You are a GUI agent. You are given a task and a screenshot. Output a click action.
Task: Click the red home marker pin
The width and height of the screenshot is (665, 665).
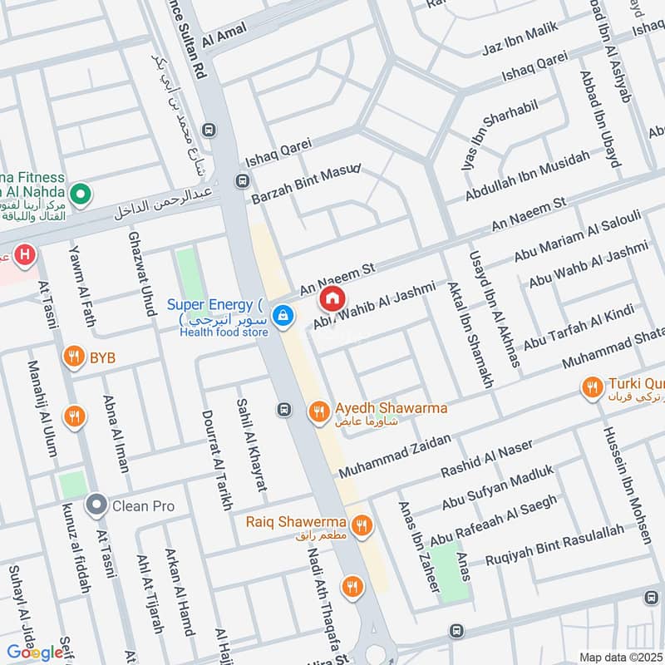[332, 298]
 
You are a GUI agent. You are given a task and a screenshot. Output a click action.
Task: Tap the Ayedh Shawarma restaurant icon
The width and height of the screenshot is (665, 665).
[318, 411]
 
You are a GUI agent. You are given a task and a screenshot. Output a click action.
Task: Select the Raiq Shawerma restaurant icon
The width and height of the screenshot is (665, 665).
[361, 525]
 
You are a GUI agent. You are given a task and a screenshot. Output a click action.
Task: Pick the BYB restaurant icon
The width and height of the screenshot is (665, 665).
[74, 357]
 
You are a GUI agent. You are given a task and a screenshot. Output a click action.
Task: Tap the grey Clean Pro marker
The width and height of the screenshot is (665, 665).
[96, 505]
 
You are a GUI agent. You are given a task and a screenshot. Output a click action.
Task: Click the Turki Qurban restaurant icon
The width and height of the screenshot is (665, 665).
[592, 387]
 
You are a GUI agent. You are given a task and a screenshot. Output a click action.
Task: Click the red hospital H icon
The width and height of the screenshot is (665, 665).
[26, 254]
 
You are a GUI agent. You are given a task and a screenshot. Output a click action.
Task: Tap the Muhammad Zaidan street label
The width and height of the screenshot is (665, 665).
[395, 456]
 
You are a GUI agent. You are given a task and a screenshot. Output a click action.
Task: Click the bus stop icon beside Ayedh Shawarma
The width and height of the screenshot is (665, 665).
[284, 409]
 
